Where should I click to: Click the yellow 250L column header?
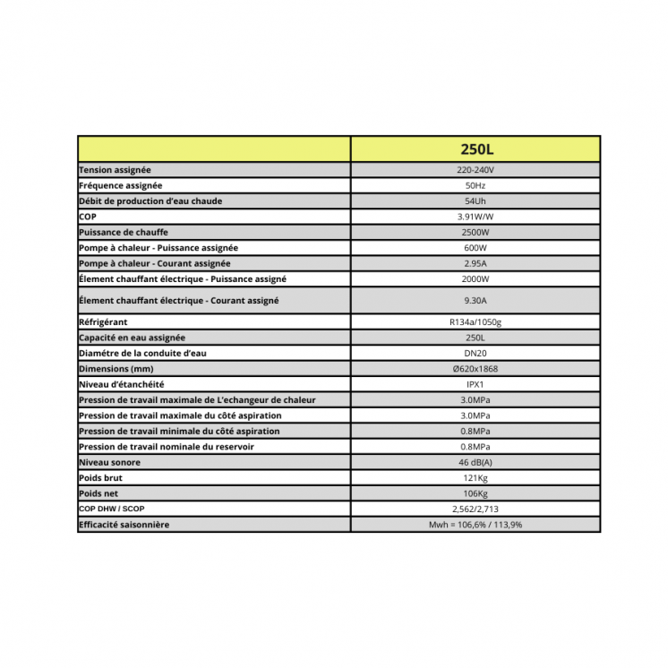pos(475,149)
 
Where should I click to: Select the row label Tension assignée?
pos(115,170)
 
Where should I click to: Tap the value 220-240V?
pos(475,170)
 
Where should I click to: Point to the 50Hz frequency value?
pos(475,185)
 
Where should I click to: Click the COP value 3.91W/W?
pos(475,217)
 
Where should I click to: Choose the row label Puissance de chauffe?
pos(124,232)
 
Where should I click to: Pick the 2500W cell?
pos(475,232)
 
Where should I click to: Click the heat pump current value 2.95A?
pos(475,263)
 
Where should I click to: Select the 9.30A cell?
pos(475,301)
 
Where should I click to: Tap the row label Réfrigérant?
pos(104,321)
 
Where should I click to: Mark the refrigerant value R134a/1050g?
pos(475,321)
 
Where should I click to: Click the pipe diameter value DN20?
pos(475,353)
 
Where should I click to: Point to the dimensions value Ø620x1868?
pos(475,369)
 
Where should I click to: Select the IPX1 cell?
pos(475,384)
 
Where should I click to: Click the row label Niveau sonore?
pos(109,462)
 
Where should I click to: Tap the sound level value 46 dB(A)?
pos(475,462)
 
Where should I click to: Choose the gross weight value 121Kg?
pos(475,478)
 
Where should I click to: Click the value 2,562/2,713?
pos(475,509)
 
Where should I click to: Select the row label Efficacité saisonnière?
pos(124,525)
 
